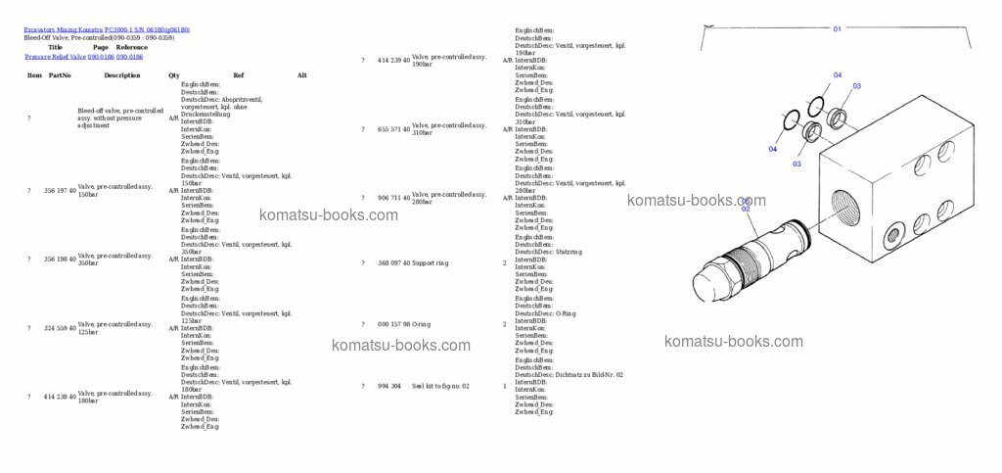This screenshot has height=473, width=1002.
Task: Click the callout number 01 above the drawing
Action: click(837, 29)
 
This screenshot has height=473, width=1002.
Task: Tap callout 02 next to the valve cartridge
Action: click(746, 208)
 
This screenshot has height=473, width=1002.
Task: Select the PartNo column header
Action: click(60, 75)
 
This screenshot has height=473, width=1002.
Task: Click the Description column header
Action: click(122, 75)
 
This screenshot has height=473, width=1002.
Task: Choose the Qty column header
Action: click(174, 75)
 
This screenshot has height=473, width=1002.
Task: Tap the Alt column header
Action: click(302, 75)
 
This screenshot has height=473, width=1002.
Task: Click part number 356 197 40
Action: click(60, 190)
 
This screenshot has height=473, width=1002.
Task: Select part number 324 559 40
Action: click(60, 328)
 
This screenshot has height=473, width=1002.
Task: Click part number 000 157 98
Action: click(393, 324)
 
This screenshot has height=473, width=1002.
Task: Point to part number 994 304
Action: click(389, 386)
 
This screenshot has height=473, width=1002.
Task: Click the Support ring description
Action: click(431, 262)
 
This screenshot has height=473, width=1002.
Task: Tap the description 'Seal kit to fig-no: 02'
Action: click(440, 386)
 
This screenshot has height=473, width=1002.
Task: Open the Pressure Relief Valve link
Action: click(56, 57)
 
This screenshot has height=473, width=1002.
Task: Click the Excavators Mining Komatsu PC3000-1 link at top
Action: click(107, 29)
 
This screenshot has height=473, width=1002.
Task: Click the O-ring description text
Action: click(422, 324)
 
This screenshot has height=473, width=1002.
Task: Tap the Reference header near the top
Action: click(131, 47)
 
